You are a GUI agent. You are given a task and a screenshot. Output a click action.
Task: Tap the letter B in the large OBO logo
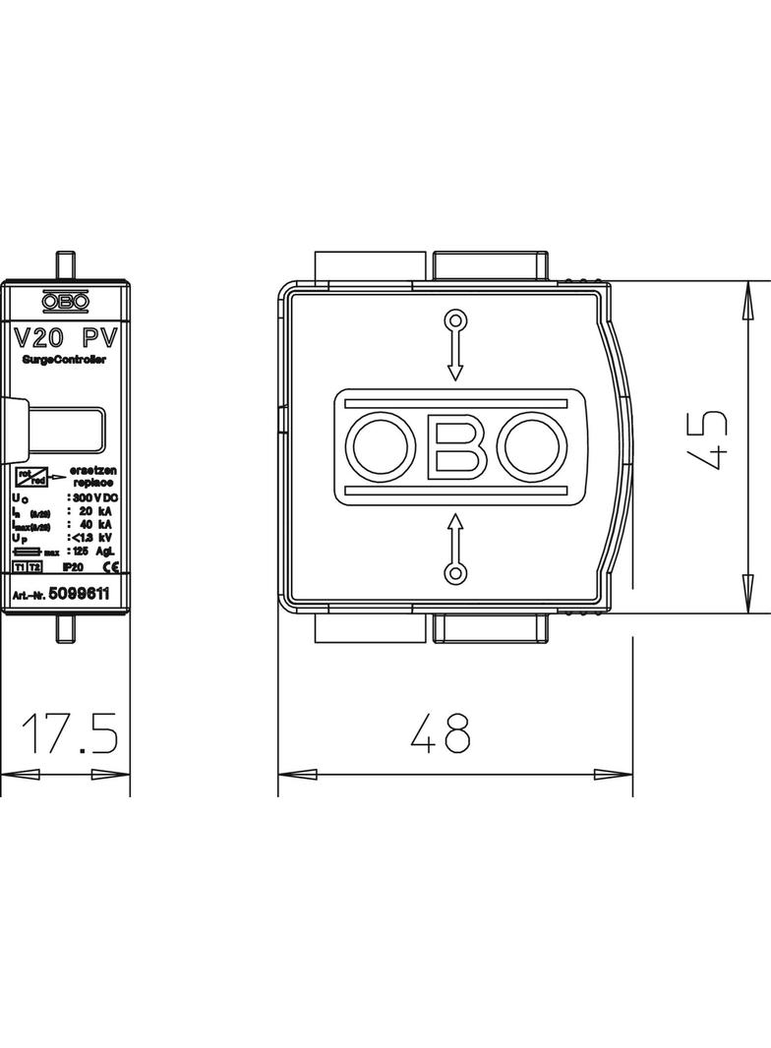pyautogui.click(x=454, y=445)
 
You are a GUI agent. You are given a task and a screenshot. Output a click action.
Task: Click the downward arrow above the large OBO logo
pyautogui.click(x=454, y=345)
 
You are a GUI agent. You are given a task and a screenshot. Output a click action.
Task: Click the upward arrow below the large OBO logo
pyautogui.click(x=454, y=547)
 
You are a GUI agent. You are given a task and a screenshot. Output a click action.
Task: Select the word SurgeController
pyautogui.click(x=64, y=361)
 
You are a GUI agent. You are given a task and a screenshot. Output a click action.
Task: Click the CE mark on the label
pyautogui.click(x=110, y=568)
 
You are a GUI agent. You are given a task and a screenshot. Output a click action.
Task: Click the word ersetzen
pyautogui.click(x=93, y=472)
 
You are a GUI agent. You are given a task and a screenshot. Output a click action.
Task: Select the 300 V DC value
pyautogui.click(x=93, y=498)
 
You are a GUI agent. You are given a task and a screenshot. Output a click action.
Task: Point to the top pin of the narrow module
pyautogui.click(x=65, y=265)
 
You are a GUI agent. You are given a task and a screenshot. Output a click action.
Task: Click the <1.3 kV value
pyautogui.click(x=93, y=538)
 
